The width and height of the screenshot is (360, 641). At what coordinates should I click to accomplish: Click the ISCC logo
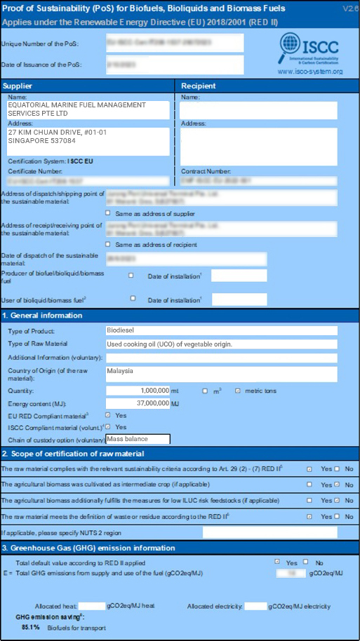(x=309, y=50)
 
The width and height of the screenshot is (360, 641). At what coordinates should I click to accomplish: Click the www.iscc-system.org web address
(x=309, y=72)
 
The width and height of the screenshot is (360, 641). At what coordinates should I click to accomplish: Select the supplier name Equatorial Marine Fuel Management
(x=88, y=109)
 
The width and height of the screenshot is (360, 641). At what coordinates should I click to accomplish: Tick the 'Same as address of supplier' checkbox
(x=107, y=213)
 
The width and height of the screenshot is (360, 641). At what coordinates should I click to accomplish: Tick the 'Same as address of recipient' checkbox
(x=107, y=244)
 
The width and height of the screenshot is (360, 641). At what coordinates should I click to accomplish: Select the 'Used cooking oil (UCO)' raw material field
(x=221, y=344)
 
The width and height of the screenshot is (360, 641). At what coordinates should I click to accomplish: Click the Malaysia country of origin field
(x=221, y=372)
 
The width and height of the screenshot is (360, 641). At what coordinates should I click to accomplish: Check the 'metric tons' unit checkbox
(x=238, y=391)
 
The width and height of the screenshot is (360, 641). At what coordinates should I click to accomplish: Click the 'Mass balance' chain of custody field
(x=138, y=440)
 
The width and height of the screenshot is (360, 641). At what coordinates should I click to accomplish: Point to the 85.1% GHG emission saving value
(x=30, y=626)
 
